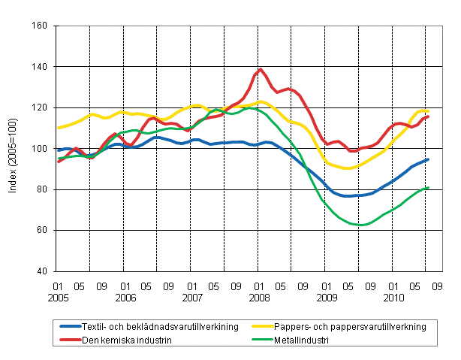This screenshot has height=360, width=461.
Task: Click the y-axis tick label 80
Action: pyautogui.click(x=41, y=189)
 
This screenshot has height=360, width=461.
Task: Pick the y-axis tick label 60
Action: pyautogui.click(x=41, y=230)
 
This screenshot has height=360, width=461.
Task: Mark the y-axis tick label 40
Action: pyautogui.click(x=41, y=271)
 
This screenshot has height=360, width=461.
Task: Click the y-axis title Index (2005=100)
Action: pyautogui.click(x=13, y=149)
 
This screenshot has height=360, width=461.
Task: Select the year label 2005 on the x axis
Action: pyautogui.click(x=57, y=298)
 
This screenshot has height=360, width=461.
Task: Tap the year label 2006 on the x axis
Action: pyautogui.click(x=125, y=298)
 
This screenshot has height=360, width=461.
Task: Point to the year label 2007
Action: pyautogui.click(x=192, y=298)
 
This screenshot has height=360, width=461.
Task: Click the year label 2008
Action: pyautogui.click(x=260, y=298)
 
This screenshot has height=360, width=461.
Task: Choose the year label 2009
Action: pyautogui.click(x=327, y=298)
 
